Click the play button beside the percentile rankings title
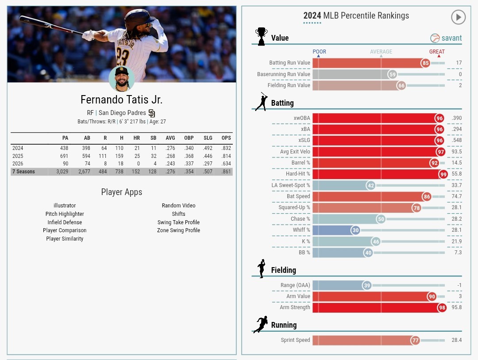(x=459, y=17)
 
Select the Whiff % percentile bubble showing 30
(x=355, y=230)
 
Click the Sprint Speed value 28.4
(x=457, y=340)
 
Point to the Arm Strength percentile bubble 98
(x=442, y=307)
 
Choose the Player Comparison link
(x=65, y=230)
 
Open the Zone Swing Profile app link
(x=178, y=230)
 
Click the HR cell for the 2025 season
(x=136, y=156)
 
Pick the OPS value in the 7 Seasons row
(x=226, y=172)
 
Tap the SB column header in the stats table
(x=154, y=138)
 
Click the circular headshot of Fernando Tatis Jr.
(x=121, y=79)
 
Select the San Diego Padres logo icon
(x=152, y=113)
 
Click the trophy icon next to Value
(x=261, y=36)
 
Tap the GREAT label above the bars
(x=437, y=52)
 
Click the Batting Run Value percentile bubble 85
(x=425, y=63)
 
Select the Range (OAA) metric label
(x=295, y=285)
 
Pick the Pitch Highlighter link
(x=65, y=214)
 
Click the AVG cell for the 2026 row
(x=170, y=164)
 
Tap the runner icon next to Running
(x=261, y=325)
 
